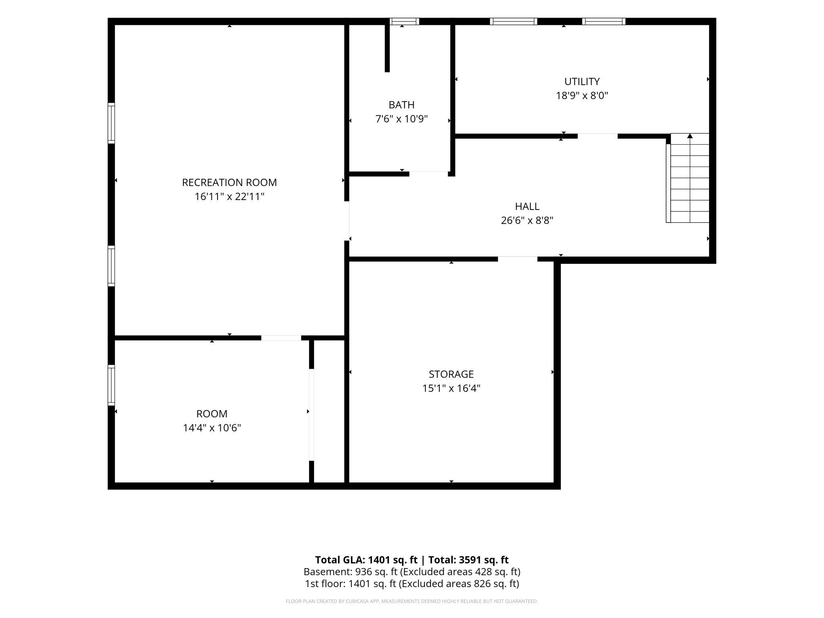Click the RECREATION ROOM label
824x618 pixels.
point(229,183)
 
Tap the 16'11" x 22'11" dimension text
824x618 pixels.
point(229,196)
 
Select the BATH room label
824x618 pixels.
point(402,105)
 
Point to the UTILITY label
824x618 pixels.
point(582,82)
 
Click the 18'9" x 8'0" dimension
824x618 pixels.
point(582,95)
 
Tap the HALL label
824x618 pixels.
point(527,206)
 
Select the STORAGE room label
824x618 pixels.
point(451,374)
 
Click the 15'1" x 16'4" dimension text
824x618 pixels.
point(451,388)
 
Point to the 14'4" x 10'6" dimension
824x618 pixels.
point(212,428)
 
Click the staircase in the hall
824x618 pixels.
point(688,178)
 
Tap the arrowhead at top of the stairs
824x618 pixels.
point(690,136)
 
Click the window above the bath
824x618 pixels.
point(404,21)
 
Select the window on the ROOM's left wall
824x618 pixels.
point(111,385)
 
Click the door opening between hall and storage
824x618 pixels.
point(517,259)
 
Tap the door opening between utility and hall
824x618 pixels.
point(597,136)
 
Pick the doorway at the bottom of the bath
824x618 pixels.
point(428,174)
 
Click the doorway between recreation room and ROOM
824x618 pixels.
point(281,338)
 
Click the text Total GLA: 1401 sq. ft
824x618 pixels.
point(366,560)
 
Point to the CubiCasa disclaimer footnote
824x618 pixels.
point(412,601)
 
